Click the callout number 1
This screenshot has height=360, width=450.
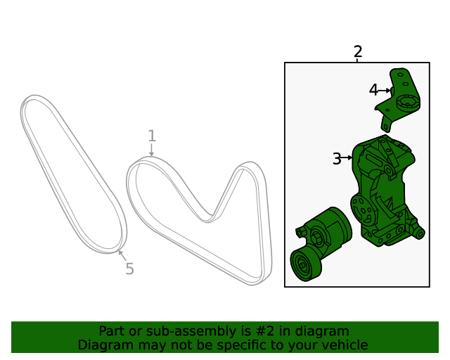click(x=152, y=136)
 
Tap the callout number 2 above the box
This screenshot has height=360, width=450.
click(x=358, y=51)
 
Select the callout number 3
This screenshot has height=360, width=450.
click(x=337, y=158)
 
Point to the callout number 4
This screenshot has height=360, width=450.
click(x=373, y=90)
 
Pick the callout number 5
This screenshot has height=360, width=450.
click(x=129, y=269)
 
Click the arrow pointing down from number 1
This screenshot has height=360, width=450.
click(x=152, y=150)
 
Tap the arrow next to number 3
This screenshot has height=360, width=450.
click(x=347, y=157)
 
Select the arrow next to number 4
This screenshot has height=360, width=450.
click(x=385, y=91)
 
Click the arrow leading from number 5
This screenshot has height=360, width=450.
click(x=122, y=256)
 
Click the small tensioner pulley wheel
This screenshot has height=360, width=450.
click(x=305, y=264)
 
